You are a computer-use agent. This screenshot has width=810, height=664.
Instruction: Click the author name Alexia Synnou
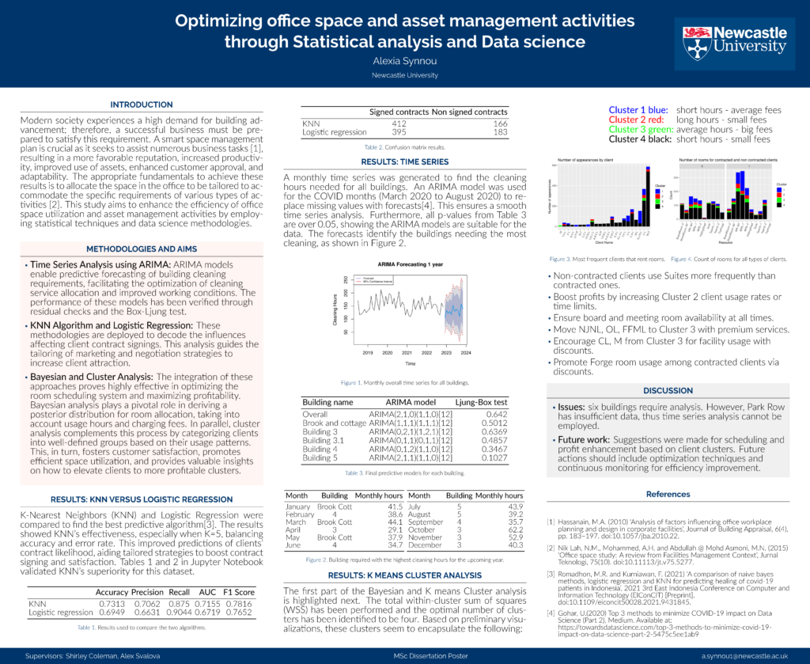tap(404, 60)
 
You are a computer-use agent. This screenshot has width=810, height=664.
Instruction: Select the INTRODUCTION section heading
tap(141, 104)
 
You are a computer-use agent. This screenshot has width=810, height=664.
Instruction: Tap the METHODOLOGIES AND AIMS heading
tap(141, 247)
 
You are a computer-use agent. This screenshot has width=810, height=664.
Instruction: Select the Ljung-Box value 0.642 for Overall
tap(497, 413)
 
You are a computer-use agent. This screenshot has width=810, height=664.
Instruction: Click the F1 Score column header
tap(239, 592)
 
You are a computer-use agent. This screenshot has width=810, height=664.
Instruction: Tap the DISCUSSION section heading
tap(668, 391)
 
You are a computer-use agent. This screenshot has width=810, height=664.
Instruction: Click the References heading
tap(668, 494)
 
